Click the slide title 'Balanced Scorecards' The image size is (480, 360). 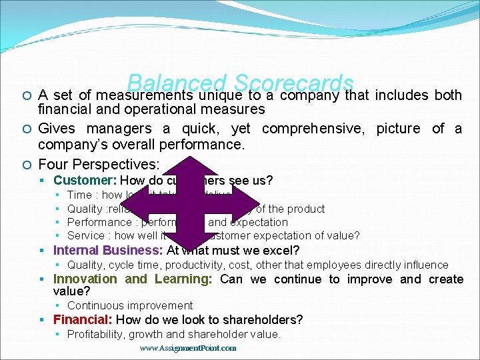pos(239,83)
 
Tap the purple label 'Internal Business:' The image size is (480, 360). pos(108,250)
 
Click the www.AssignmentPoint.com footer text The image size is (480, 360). pos(188,348)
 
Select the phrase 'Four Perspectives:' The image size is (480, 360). pos(99,164)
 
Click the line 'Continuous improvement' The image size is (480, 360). pos(130,305)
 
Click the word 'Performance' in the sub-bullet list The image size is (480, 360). pos(99,222)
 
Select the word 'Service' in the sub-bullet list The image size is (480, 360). pos(86,235)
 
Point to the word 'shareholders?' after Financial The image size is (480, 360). pos(268,319)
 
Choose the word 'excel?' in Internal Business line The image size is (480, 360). pos(283,250)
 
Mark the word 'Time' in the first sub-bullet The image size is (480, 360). pos(79,195)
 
